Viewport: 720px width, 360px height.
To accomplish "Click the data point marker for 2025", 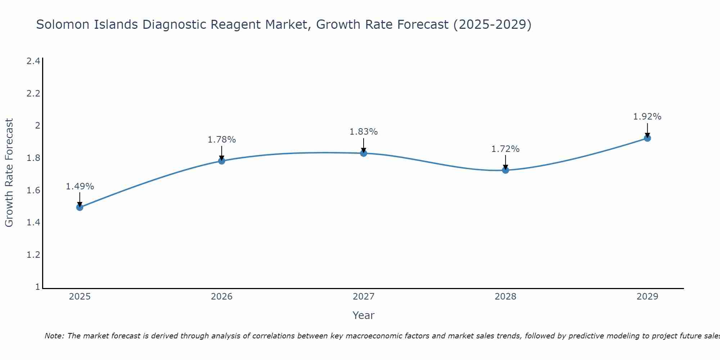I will (80, 207).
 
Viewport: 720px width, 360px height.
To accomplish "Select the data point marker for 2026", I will (222, 161).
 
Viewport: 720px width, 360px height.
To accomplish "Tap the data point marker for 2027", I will (364, 153).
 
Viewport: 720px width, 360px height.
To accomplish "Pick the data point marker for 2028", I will (505, 170).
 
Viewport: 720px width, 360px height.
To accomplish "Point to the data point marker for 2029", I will (647, 138).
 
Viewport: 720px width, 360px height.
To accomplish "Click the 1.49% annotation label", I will (80, 186).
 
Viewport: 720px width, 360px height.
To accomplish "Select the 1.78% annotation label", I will (222, 140).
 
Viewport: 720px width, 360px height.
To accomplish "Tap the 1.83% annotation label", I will (364, 132).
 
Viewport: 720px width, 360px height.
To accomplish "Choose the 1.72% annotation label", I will (505, 149).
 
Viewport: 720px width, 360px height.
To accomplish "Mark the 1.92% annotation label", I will (647, 117).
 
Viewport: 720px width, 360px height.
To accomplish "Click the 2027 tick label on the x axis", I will (364, 297).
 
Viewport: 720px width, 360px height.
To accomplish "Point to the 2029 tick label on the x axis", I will (647, 297).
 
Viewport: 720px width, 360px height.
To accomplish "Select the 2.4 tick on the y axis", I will (33, 61).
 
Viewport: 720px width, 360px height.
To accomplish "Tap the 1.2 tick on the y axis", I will (33, 255).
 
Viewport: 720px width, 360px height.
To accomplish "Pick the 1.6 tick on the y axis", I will (33, 190).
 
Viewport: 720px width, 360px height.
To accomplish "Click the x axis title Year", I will (364, 315).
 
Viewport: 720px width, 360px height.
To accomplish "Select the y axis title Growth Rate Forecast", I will (9, 173).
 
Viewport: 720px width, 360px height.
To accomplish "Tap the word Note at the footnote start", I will (54, 336).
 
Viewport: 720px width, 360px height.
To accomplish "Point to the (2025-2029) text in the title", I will (492, 24).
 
